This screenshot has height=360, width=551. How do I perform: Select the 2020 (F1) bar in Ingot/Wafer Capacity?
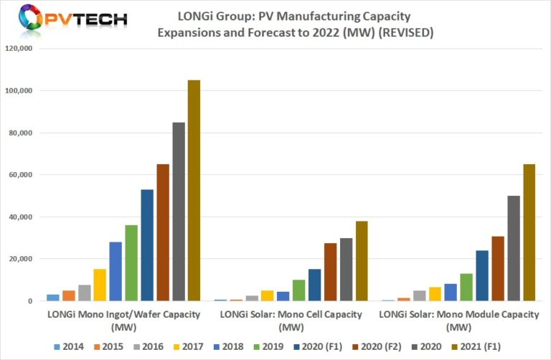tap(147, 245)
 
